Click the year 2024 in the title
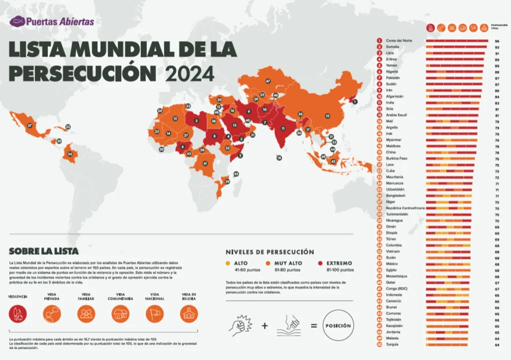(190, 73)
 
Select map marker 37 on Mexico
(29, 125)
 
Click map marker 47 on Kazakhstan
(268, 81)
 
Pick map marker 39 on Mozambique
(228, 182)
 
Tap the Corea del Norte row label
(398, 40)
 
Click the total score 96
(497, 40)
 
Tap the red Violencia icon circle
(18, 314)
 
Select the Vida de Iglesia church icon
(189, 314)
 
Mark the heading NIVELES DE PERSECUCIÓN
(270, 252)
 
